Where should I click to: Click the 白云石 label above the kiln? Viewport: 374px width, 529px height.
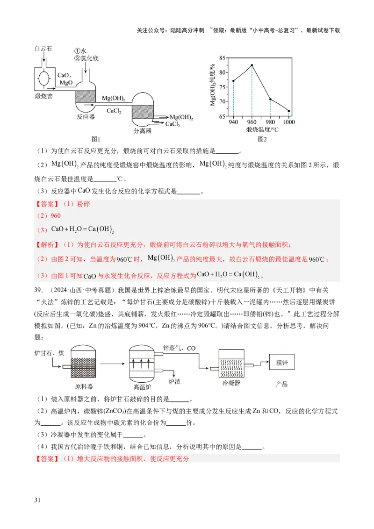coord(44,49)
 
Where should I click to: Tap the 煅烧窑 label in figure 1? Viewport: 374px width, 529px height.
coord(44,97)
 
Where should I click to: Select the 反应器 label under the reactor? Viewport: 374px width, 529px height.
coord(86,117)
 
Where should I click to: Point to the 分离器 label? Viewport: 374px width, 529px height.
coord(142,131)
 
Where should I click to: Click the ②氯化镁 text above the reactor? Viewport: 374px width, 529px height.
coord(86,58)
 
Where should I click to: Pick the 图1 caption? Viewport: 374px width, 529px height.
coord(96,139)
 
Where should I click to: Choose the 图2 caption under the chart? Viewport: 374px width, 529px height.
coord(262,139)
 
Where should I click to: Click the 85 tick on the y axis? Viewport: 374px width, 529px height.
coord(222,58)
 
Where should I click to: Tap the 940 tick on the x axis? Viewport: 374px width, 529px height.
coord(233,122)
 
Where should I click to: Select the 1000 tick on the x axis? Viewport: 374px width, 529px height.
coord(289,122)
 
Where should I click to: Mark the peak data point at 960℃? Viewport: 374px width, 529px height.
coord(252,65)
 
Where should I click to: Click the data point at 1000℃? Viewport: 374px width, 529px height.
coord(289,111)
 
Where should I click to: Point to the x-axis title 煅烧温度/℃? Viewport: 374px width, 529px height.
coord(262,129)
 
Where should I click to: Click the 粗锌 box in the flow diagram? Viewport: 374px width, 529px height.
coord(281,362)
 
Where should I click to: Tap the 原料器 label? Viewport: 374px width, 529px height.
coord(84,386)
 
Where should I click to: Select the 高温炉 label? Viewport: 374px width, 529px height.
coord(143,387)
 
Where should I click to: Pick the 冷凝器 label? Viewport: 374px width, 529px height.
coord(231,383)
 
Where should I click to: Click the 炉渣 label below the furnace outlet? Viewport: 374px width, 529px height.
coord(174,382)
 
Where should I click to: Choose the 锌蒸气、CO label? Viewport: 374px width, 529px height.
coord(179,348)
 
